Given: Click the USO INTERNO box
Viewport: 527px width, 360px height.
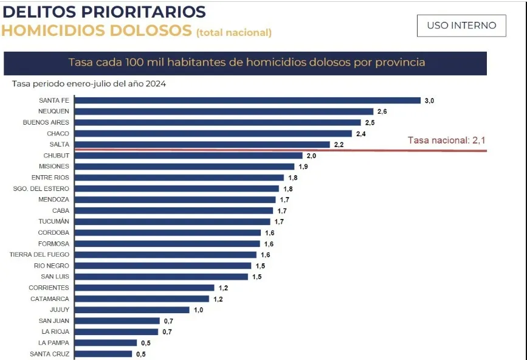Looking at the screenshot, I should (461, 26).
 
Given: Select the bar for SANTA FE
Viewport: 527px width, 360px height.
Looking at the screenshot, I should (247, 100).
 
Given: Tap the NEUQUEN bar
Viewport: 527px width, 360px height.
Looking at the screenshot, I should (224, 111).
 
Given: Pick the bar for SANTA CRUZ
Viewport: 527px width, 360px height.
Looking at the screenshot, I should (103, 353).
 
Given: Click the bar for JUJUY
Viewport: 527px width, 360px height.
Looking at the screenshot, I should (132, 310).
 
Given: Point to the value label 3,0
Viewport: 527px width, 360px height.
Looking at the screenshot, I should (429, 100).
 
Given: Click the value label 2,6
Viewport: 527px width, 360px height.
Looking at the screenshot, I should (382, 111).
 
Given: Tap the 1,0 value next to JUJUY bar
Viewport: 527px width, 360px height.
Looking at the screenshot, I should (198, 310).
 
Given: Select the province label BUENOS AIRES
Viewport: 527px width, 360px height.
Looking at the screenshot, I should (46, 122).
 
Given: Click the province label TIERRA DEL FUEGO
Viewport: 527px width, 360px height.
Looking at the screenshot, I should (40, 255).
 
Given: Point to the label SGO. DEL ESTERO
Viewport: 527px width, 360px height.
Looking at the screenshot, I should (41, 189).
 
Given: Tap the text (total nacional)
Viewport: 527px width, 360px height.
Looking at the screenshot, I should (233, 32).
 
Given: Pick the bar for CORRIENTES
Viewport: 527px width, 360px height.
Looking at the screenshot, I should (145, 288).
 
